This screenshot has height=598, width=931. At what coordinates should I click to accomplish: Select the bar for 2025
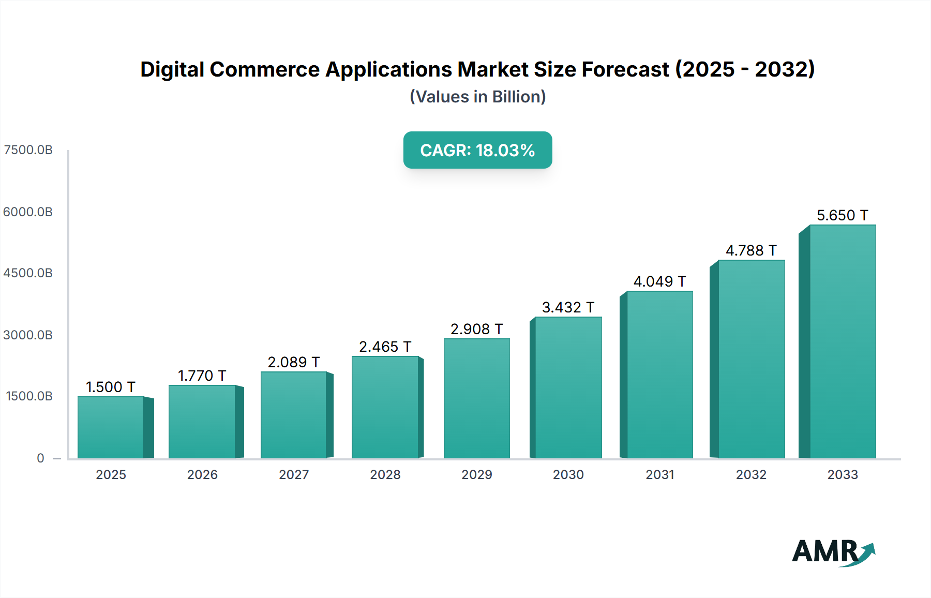coord(110,427)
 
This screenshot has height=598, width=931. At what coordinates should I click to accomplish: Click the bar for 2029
coord(476,398)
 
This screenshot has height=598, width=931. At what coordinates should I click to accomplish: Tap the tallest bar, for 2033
coord(842,341)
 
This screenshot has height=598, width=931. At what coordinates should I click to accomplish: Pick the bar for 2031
coord(659,375)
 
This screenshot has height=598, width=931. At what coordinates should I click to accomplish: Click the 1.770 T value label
coord(202,376)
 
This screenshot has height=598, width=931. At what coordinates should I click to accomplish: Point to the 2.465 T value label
coord(385,347)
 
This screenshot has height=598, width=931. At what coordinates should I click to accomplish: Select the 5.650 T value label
coord(842,215)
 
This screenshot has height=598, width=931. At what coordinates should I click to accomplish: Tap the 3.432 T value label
coord(568,307)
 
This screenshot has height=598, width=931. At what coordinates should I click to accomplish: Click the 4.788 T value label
coord(751,250)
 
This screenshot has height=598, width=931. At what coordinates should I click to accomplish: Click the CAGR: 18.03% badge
coord(477,150)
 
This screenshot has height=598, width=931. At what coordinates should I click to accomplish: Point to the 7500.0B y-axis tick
coord(28,150)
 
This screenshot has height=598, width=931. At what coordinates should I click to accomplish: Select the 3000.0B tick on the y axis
coord(28,335)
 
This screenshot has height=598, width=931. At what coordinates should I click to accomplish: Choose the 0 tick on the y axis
coord(40,458)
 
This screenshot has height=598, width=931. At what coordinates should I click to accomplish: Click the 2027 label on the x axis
coord(294,474)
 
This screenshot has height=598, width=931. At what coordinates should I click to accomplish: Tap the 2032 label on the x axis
coord(751,474)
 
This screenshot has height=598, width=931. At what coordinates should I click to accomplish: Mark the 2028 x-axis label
coord(385,474)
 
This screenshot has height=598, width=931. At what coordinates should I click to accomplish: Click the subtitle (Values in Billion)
coord(477,97)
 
